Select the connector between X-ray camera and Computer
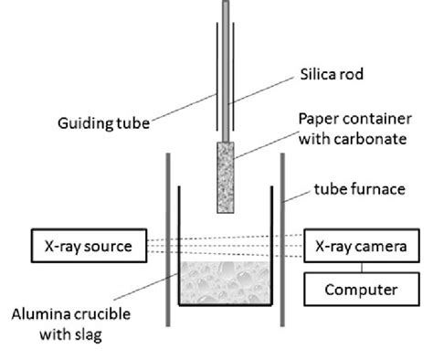tap(363, 268)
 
